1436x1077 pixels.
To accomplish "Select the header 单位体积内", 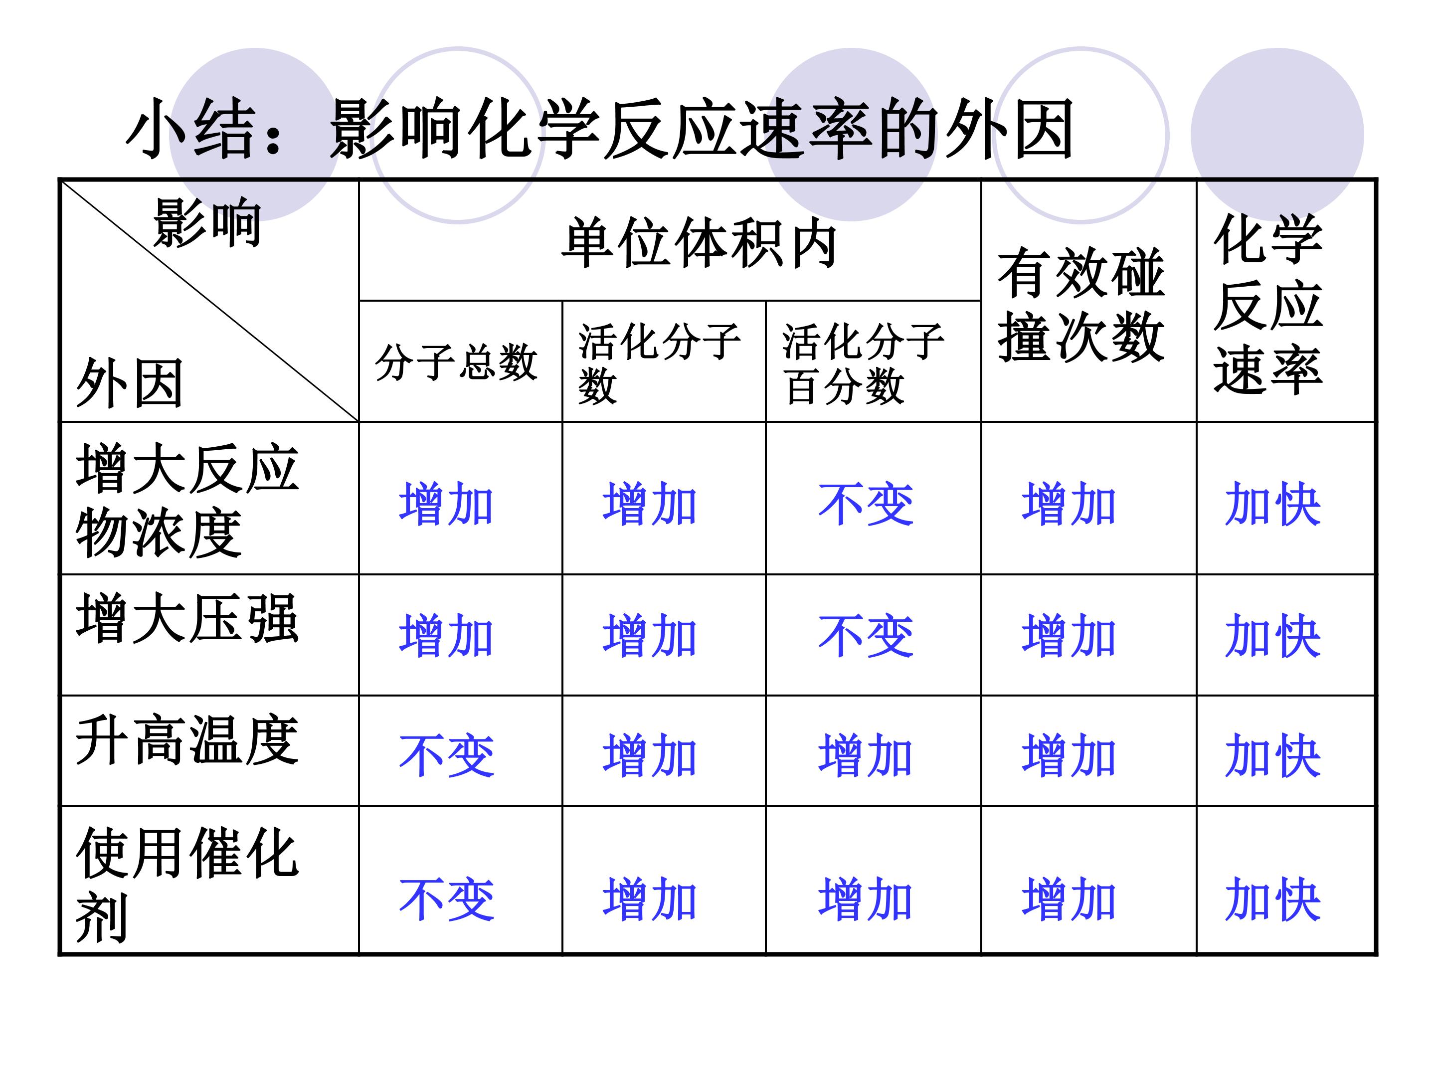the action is pyautogui.click(x=699, y=243).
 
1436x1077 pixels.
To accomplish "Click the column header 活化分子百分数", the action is pyautogui.click(x=864, y=363).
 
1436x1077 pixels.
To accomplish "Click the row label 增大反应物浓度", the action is pyautogui.click(x=187, y=500).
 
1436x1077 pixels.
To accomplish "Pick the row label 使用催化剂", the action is pyautogui.click(x=187, y=884).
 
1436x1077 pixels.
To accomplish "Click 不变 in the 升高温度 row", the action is pyautogui.click(x=447, y=756).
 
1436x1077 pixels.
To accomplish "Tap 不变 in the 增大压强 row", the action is pyautogui.click(x=866, y=636).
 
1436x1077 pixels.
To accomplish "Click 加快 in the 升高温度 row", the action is pyautogui.click(x=1273, y=756).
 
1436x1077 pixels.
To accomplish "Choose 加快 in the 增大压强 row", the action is pyautogui.click(x=1273, y=636).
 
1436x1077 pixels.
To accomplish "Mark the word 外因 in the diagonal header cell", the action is pyautogui.click(x=130, y=383).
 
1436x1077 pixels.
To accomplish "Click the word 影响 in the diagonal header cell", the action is pyautogui.click(x=207, y=223).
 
